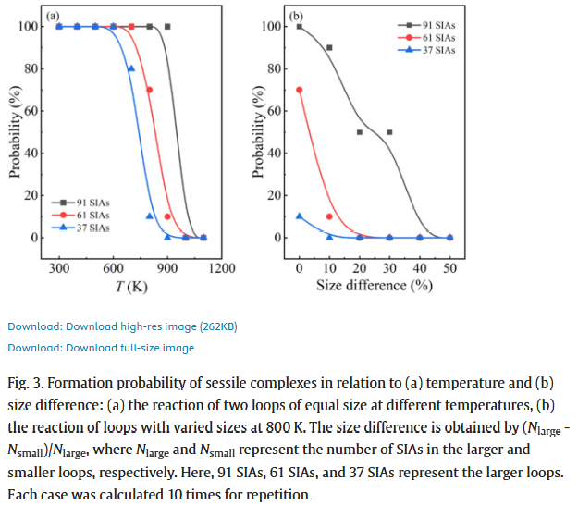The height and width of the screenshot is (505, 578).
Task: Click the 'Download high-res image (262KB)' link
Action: coord(122,326)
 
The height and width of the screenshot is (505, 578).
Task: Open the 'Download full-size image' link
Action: coord(101,348)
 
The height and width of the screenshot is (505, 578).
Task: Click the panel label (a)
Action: coord(53,17)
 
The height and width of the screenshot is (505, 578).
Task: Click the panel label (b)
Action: coord(296,17)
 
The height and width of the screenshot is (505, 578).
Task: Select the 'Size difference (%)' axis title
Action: coord(374,285)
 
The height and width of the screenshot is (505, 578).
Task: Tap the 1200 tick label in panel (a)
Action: coord(222,267)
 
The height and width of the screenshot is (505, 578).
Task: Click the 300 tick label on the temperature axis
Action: coord(59,267)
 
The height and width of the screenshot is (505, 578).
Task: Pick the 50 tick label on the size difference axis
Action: coord(449,267)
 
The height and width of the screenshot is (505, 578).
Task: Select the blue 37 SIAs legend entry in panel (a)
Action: coord(84,227)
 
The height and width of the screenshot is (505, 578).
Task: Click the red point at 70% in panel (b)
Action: coord(299,90)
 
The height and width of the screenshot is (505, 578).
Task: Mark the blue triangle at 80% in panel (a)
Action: coord(131,68)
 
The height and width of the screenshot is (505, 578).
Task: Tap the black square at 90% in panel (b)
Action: coord(329,47)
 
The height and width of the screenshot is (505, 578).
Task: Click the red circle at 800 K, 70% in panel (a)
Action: coord(149,90)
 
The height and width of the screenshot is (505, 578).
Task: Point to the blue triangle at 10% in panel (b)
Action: coord(299,216)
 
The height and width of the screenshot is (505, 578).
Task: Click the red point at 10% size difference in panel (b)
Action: coord(329,216)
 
